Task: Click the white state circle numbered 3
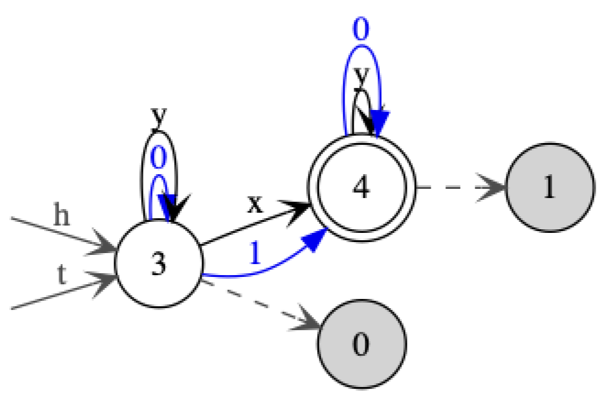click(x=158, y=264)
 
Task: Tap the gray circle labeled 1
click(x=549, y=188)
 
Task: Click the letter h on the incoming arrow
click(x=61, y=217)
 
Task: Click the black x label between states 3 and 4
click(x=255, y=204)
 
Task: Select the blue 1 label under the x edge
click(x=255, y=253)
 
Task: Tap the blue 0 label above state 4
click(x=361, y=31)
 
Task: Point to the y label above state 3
click(x=158, y=116)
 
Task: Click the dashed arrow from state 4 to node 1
click(x=458, y=188)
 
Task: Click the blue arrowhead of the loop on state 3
click(x=169, y=205)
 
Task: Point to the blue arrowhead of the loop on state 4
click(x=379, y=122)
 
